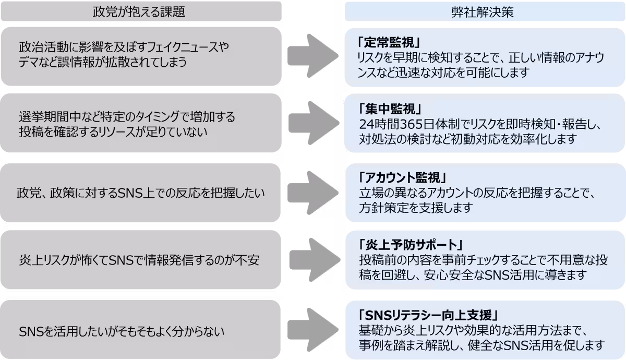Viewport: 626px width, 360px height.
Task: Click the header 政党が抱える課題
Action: [141, 11]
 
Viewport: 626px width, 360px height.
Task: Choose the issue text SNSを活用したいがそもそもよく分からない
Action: [121, 331]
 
